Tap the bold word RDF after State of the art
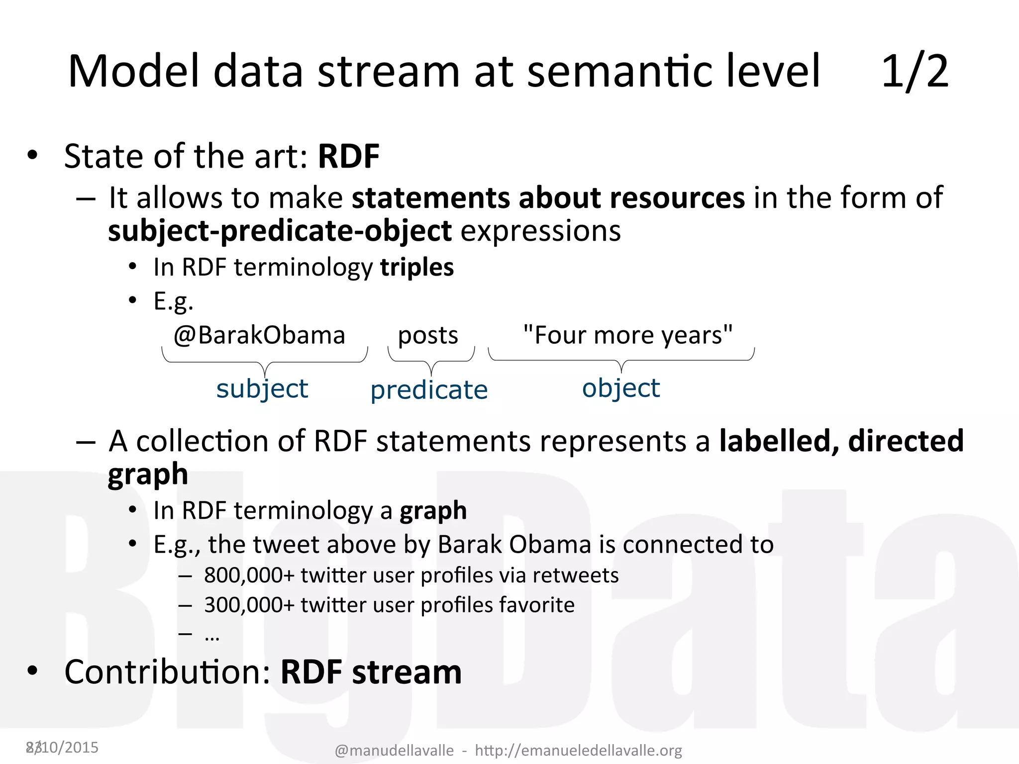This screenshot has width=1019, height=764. pyautogui.click(x=349, y=157)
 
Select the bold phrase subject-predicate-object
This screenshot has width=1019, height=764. pyautogui.click(x=280, y=231)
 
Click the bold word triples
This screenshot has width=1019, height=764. pyautogui.click(x=417, y=267)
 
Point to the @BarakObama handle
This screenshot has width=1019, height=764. pyautogui.click(x=259, y=335)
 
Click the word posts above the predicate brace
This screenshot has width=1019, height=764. pyautogui.click(x=428, y=335)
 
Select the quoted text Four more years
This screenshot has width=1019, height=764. pyautogui.click(x=628, y=335)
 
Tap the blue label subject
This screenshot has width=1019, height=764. pyautogui.click(x=262, y=388)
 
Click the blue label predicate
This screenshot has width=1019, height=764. pyautogui.click(x=429, y=390)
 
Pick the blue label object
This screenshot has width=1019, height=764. pyautogui.click(x=621, y=388)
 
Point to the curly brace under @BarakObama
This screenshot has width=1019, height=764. pyautogui.click(x=265, y=362)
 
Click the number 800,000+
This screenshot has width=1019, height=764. pyautogui.click(x=250, y=575)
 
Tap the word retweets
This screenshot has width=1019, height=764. pyautogui.click(x=576, y=575)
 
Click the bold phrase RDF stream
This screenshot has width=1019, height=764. pyautogui.click(x=371, y=672)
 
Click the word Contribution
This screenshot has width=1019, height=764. pyautogui.click(x=167, y=672)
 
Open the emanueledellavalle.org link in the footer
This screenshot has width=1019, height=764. pyautogui.click(x=578, y=750)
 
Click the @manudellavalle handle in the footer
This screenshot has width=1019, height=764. pyautogui.click(x=394, y=750)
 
